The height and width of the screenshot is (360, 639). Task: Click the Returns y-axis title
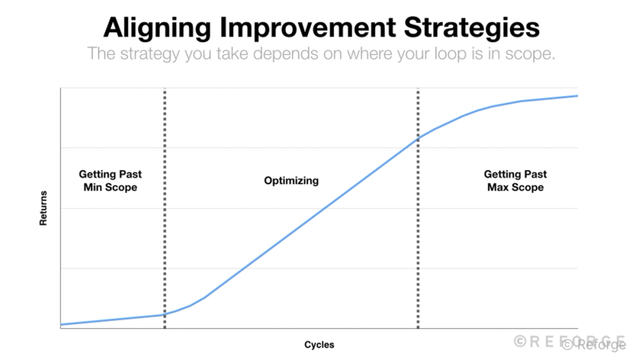click(43, 208)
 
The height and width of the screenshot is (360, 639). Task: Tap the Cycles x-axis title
click(319, 345)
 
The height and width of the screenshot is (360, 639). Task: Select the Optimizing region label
click(291, 180)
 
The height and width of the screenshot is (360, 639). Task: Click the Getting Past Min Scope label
click(111, 180)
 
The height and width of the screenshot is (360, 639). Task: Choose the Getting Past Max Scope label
click(515, 180)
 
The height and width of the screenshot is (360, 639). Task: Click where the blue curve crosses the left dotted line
click(164, 314)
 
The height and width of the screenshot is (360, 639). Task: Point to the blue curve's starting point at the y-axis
click(61, 324)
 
